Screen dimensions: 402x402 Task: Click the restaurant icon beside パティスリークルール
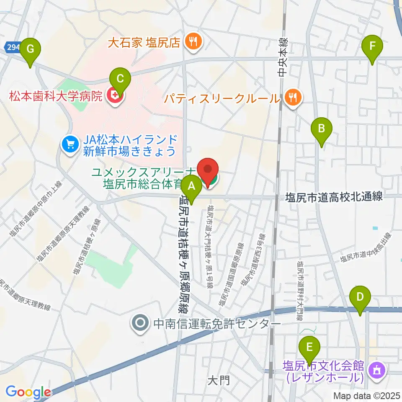[x=292, y=98]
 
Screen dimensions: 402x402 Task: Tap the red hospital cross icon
[x=113, y=97]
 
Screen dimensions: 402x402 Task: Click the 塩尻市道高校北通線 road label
[x=334, y=197]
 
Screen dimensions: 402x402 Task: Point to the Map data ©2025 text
[x=366, y=395]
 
